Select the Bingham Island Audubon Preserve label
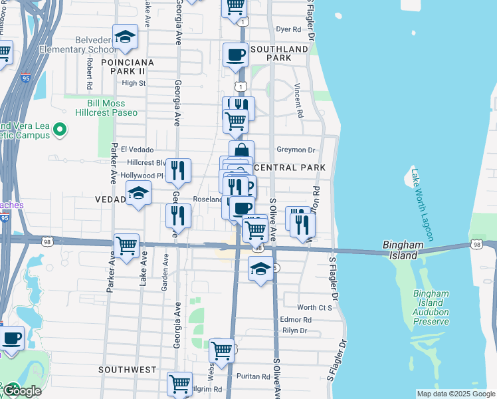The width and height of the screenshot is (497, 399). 431,307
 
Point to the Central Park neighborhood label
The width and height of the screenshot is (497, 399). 290,167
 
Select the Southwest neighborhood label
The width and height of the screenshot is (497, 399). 128,369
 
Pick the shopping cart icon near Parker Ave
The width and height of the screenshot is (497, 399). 126,245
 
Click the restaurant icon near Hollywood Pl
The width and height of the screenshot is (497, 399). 178,171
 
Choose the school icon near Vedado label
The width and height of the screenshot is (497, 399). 138,194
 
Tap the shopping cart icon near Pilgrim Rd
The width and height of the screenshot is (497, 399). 179,384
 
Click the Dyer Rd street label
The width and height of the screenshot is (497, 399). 288,29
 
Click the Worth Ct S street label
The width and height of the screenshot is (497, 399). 314,307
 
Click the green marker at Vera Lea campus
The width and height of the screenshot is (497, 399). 60,129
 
